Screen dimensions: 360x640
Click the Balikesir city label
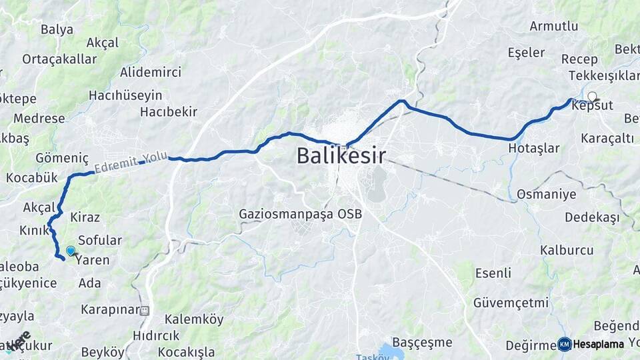click(341, 157)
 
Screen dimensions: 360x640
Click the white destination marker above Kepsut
click(592, 97)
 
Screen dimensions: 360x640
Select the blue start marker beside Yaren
click(71, 251)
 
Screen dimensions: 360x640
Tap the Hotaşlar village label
click(533, 149)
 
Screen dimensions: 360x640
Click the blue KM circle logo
click(564, 344)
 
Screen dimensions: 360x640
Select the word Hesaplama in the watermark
click(598, 345)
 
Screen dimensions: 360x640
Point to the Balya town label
click(57, 29)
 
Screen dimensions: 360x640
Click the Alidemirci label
click(150, 72)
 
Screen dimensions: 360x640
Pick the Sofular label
click(100, 240)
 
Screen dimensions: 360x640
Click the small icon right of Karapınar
click(145, 309)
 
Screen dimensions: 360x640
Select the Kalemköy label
click(194, 319)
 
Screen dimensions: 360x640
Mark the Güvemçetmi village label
click(511, 303)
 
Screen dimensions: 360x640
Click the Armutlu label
click(553, 26)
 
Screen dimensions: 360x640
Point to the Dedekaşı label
click(591, 217)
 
